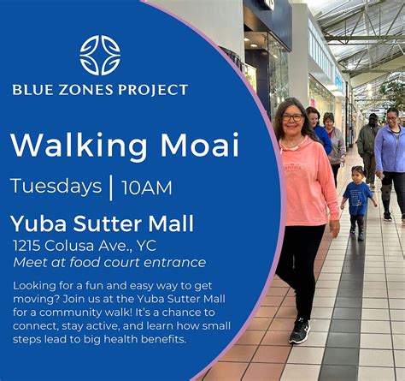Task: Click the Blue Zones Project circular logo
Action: (x=100, y=55)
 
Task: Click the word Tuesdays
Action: (x=56, y=187)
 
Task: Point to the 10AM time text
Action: (x=146, y=188)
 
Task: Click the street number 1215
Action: (x=30, y=246)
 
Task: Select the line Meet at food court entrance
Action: (x=109, y=263)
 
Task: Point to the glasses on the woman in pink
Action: (x=292, y=117)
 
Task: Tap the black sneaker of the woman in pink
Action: (x=299, y=330)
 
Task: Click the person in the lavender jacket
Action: (x=390, y=154)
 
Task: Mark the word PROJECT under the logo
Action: (x=151, y=89)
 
